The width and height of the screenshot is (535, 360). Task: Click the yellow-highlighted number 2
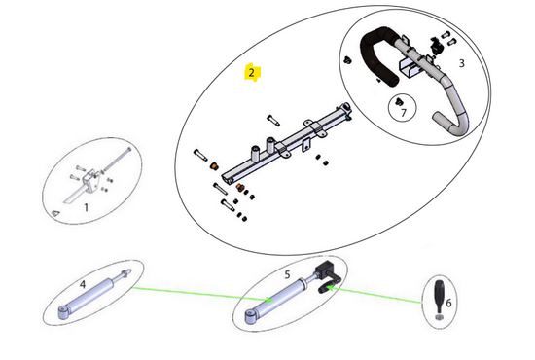click(252, 73)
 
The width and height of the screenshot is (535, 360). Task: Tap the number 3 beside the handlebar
click(462, 63)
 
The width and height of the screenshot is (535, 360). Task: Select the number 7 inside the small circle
click(404, 112)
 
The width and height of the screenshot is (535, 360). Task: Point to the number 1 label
click(87, 207)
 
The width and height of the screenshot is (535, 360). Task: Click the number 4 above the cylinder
click(83, 284)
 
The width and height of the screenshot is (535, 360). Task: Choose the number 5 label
click(287, 274)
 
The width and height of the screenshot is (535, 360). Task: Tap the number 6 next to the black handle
click(448, 303)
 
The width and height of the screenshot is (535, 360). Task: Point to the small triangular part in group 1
click(55, 213)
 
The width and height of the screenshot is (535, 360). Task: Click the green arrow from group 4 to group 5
click(202, 294)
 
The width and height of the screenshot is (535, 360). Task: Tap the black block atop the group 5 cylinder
click(324, 269)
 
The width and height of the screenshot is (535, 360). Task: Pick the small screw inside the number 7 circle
click(399, 102)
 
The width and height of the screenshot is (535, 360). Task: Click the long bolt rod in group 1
click(117, 160)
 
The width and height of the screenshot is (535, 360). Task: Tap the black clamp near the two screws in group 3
click(435, 45)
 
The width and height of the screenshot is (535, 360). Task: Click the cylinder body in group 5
click(276, 301)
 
